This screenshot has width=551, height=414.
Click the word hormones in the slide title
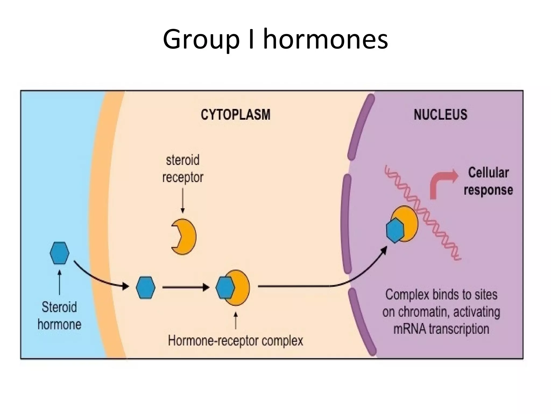tap(325, 40)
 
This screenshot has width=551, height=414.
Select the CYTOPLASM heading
tap(235, 115)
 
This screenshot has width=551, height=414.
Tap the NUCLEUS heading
tap(440, 115)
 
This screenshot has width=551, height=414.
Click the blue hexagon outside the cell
tap(59, 253)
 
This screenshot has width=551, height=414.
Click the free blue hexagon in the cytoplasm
tap(146, 287)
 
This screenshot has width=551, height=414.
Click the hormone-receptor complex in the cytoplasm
tap(233, 288)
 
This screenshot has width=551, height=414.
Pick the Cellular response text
tap(488, 181)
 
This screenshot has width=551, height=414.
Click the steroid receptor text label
tap(183, 169)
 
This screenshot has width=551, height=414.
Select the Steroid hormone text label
tap(59, 316)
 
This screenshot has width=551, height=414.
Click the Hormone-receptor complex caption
tap(235, 341)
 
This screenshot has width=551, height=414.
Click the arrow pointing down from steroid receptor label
tap(183, 201)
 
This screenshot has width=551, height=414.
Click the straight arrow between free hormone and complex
tap(186, 287)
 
